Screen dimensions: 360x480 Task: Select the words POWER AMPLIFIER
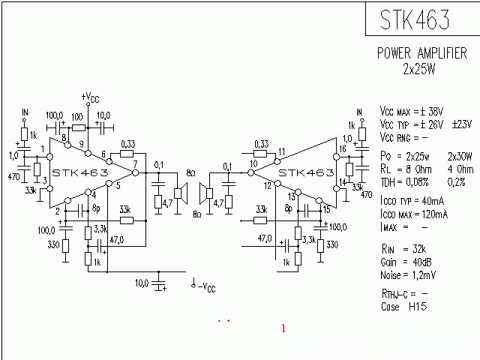[x=421, y=54]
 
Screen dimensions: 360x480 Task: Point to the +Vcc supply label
[x=88, y=97]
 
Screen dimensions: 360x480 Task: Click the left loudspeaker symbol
[x=180, y=193]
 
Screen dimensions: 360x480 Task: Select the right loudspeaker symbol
[x=202, y=193]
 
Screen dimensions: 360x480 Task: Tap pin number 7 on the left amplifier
[x=135, y=163]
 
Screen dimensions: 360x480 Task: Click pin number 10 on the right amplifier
[x=254, y=163]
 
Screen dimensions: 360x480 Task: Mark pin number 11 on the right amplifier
[x=281, y=152]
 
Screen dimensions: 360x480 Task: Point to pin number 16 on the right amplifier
[x=343, y=149]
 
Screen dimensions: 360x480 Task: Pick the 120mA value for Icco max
[x=433, y=214]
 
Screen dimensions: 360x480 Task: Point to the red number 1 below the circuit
[x=283, y=328]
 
